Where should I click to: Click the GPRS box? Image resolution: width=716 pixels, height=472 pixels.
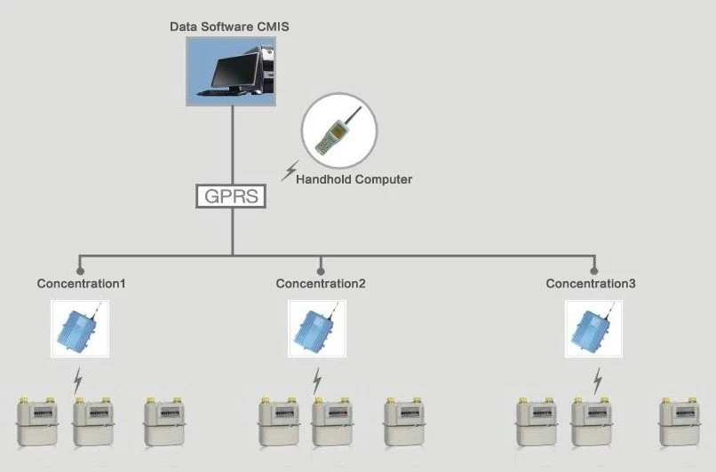(231, 196)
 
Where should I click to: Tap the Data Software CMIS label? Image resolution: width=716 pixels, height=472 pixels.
(229, 27)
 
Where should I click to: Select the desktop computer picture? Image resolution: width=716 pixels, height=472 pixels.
(231, 72)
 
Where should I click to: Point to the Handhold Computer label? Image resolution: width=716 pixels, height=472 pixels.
(354, 179)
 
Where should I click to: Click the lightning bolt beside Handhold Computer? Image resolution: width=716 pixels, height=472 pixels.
(290, 171)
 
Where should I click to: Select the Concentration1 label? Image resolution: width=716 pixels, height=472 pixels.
(81, 284)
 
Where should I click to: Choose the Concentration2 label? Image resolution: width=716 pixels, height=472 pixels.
(321, 284)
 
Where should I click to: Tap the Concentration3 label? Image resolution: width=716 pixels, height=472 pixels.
(591, 284)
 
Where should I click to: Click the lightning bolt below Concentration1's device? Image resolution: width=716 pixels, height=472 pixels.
(78, 382)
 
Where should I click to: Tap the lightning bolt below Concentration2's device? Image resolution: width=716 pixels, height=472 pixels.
(317, 382)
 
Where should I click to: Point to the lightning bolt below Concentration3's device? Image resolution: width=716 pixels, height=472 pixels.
(597, 382)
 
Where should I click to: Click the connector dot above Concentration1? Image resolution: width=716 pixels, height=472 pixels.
(80, 271)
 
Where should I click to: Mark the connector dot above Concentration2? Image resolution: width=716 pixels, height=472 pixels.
(321, 271)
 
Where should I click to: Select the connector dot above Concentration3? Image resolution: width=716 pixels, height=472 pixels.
(594, 271)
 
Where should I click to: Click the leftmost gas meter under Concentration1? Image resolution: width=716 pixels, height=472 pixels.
(37, 421)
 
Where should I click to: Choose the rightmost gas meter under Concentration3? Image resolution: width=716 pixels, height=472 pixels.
(680, 421)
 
